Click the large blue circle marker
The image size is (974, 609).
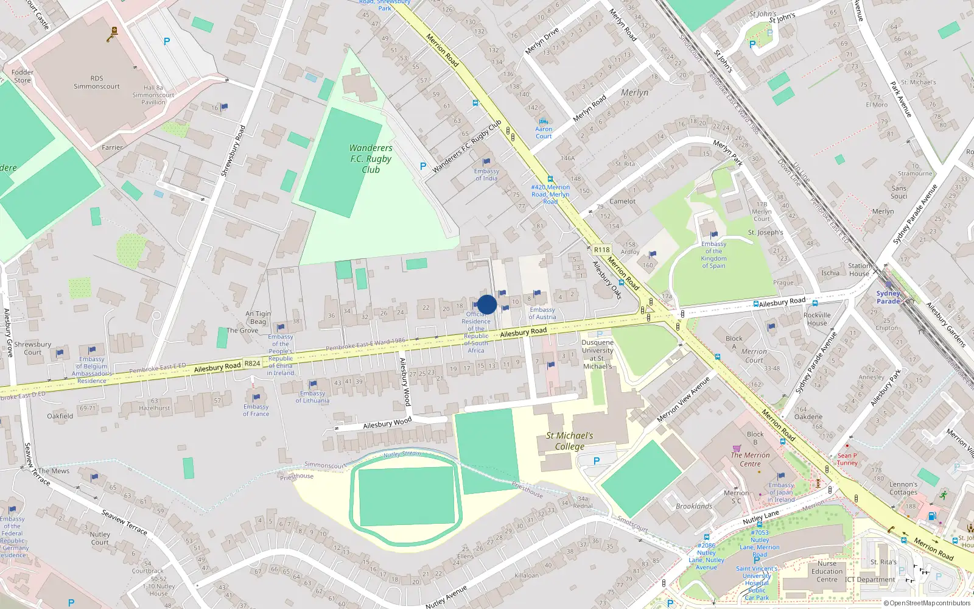(487, 304)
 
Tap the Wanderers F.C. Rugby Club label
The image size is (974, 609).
(371, 159)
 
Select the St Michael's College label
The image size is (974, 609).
(569, 441)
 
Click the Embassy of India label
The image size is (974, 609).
(486, 175)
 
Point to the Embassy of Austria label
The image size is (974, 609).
(542, 313)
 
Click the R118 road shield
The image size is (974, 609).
(601, 250)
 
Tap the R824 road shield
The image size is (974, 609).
(252, 364)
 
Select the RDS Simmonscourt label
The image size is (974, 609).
(97, 82)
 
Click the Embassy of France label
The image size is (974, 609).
(256, 410)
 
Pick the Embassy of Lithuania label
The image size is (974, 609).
(312, 397)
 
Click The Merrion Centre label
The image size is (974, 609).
(750, 459)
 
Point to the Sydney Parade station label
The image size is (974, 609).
(888, 297)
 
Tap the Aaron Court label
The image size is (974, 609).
(544, 132)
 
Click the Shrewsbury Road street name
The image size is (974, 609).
(233, 151)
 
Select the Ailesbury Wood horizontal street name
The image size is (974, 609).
(387, 423)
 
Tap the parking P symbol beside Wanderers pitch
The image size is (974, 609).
(423, 166)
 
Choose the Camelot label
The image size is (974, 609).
(622, 201)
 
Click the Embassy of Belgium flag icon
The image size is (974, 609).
(92, 350)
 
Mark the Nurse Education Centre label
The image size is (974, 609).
(827, 571)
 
